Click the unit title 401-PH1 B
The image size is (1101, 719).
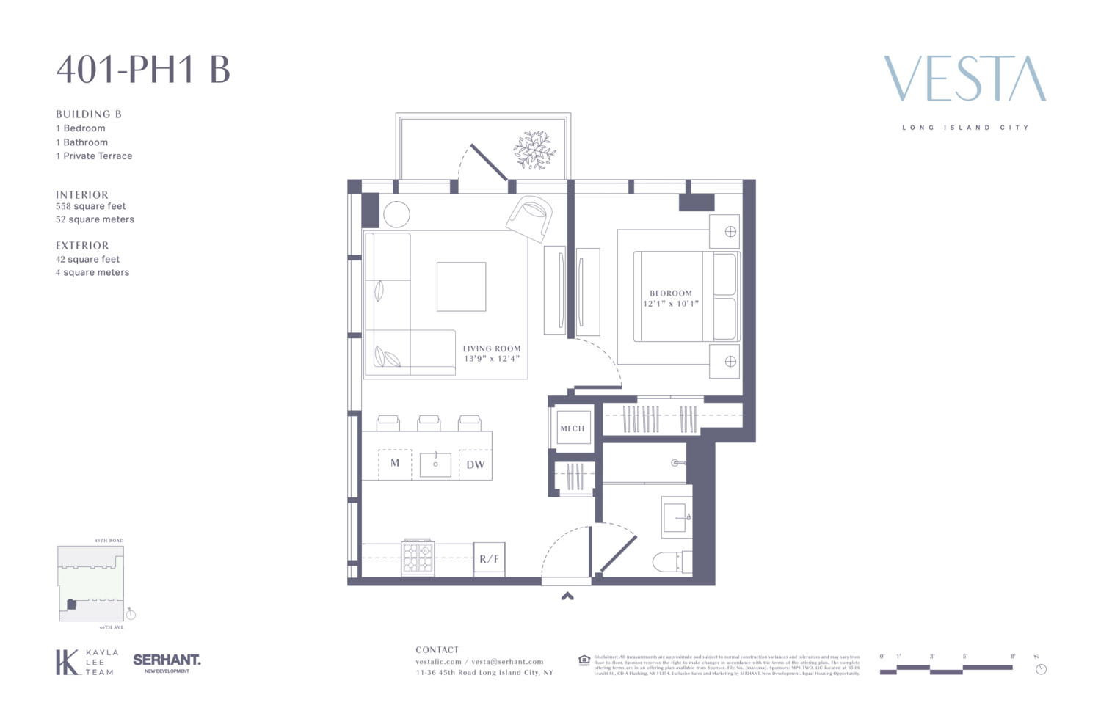tap(143, 70)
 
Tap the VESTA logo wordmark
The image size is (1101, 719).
tap(964, 79)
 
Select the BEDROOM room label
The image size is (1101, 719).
tap(670, 293)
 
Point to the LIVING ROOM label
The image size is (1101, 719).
tap(492, 349)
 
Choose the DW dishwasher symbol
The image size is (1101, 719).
tap(475, 464)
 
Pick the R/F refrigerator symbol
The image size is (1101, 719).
tap(489, 559)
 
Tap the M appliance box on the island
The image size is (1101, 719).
tap(395, 464)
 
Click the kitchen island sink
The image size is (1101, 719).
tap(435, 464)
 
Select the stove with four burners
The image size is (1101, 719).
tap(418, 558)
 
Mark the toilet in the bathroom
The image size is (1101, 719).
tap(671, 562)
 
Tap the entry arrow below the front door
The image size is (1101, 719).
tap(567, 596)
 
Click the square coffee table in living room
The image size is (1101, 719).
tap(461, 287)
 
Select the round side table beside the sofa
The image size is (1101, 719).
tap(396, 214)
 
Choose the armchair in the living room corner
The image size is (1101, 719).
tap(530, 217)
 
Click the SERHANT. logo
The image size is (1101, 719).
tap(167, 661)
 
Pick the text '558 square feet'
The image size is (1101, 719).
tap(91, 207)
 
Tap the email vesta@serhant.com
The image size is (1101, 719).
tap(507, 662)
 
